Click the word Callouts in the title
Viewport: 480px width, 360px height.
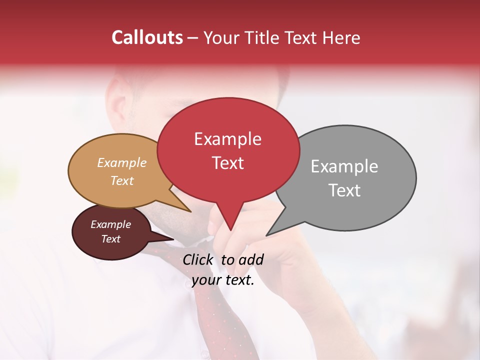(147, 38)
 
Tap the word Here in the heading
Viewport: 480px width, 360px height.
(342, 38)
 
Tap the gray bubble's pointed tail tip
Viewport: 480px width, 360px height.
(267, 235)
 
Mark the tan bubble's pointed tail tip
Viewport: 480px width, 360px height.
(190, 211)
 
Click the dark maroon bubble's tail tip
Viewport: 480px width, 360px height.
(173, 239)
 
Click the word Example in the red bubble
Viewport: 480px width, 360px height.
(227, 139)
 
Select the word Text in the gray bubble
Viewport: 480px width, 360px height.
(344, 190)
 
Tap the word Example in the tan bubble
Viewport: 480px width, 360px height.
(122, 163)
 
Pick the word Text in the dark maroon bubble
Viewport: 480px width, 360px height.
(111, 239)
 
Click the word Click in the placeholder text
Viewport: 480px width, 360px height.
(198, 259)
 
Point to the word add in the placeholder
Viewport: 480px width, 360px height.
(251, 259)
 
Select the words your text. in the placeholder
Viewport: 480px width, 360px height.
(223, 280)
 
